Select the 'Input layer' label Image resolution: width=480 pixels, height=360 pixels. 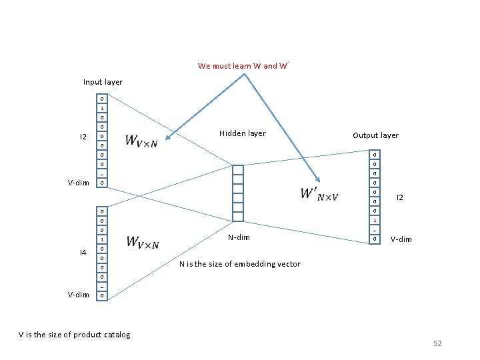point(103,82)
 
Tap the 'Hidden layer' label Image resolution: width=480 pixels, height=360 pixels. point(242,133)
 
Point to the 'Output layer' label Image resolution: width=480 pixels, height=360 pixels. point(375,135)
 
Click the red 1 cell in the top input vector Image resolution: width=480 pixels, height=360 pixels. point(102,108)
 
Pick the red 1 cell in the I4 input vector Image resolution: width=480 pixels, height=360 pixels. point(102,239)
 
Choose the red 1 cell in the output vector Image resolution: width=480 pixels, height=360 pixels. point(375,220)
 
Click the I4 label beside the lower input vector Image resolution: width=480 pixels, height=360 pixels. point(83,253)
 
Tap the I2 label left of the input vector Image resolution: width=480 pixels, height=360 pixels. point(83,137)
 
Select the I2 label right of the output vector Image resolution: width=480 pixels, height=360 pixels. point(400,197)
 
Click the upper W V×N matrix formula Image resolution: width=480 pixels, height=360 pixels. point(142,141)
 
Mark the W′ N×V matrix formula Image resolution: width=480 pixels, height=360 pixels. point(319,194)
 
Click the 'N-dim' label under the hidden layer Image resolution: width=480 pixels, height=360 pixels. point(239,237)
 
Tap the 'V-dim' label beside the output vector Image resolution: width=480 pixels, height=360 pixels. point(401,239)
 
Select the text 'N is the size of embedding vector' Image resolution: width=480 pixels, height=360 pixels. point(240,264)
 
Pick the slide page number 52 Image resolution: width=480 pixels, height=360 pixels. point(437,343)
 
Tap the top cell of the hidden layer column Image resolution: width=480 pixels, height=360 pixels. point(238,169)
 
